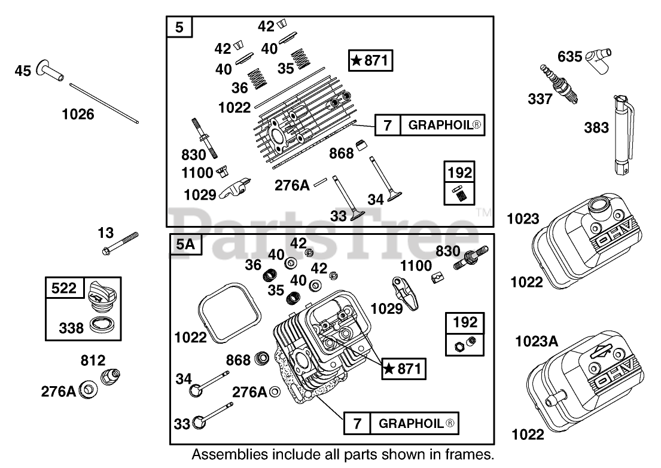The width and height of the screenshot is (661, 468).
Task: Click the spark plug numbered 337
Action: click(559, 84)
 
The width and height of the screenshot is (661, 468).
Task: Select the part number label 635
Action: click(569, 56)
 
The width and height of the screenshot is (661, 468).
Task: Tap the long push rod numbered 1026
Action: click(103, 103)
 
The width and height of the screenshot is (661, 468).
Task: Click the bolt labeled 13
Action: click(120, 243)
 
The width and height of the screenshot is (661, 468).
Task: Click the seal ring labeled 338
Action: click(103, 325)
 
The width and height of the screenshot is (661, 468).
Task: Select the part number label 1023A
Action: click(537, 341)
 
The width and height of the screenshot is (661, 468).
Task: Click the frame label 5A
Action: click(185, 244)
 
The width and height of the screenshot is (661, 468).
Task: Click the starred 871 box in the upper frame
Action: click(370, 60)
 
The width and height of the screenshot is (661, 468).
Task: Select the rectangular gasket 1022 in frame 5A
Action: click(230, 314)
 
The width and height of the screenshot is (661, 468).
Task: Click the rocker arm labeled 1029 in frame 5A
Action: click(405, 293)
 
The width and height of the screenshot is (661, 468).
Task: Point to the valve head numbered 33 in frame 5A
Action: click(199, 422)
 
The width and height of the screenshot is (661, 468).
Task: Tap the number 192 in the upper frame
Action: click(460, 172)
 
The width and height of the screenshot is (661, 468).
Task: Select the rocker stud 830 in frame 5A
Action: click(471, 258)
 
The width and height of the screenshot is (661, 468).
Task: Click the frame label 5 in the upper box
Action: click(179, 27)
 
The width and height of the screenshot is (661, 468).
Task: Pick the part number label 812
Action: click(93, 360)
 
